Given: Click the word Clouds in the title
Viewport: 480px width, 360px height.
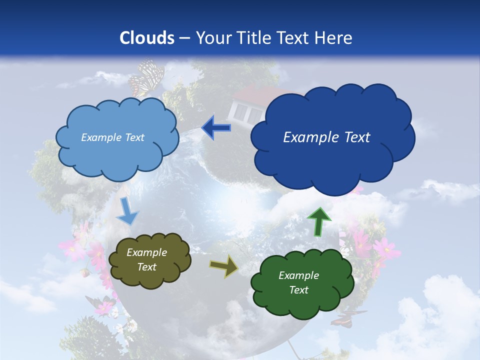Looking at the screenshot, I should pyautogui.click(x=147, y=38).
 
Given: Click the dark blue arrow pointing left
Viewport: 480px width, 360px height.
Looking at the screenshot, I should pyautogui.click(x=216, y=128).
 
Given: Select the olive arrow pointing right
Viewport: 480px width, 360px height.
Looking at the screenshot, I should pyautogui.click(x=224, y=266).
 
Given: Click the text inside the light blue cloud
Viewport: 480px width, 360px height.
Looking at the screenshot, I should pyautogui.click(x=112, y=137).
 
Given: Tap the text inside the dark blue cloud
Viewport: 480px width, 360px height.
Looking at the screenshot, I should pyautogui.click(x=326, y=137).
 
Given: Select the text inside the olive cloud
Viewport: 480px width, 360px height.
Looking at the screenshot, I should pyautogui.click(x=146, y=260).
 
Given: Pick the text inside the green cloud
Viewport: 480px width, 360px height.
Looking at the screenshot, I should pyautogui.click(x=298, y=282).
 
